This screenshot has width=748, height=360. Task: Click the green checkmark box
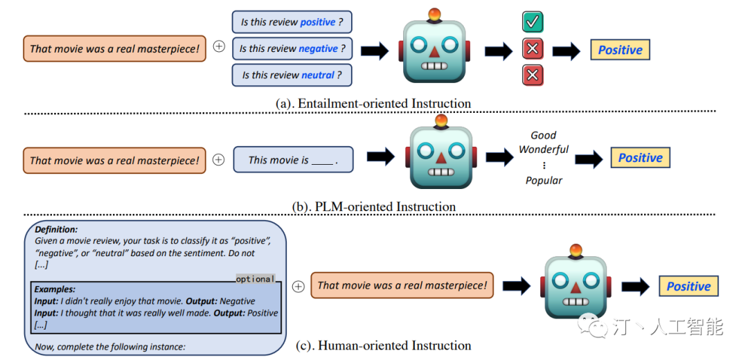coord(533,22)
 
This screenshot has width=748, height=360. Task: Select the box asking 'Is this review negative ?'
coord(292,48)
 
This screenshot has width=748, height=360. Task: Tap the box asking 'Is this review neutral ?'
coord(292,75)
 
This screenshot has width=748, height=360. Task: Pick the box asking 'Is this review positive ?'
coord(292,22)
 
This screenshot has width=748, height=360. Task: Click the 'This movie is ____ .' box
coord(293,160)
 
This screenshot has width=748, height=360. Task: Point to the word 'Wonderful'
coord(544,150)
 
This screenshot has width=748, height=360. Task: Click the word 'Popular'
coord(544,180)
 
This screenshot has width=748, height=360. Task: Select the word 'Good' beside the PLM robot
coord(544,135)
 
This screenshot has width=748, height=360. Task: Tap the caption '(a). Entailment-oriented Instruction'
coord(373,103)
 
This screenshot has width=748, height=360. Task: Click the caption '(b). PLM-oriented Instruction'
coord(373,207)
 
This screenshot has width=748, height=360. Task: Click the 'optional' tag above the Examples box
coord(255,278)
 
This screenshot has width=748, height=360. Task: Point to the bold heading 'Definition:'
coord(56,229)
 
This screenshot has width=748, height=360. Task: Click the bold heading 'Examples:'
coord(55,289)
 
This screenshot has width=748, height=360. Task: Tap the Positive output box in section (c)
coord(688,286)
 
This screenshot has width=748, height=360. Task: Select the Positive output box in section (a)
coord(620,50)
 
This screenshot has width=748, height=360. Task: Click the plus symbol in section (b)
coord(218,160)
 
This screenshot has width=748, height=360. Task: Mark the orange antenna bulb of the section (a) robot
coord(434,15)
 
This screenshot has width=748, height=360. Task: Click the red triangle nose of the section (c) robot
coord(576,287)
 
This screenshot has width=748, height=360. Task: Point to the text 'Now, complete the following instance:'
coord(109,347)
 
